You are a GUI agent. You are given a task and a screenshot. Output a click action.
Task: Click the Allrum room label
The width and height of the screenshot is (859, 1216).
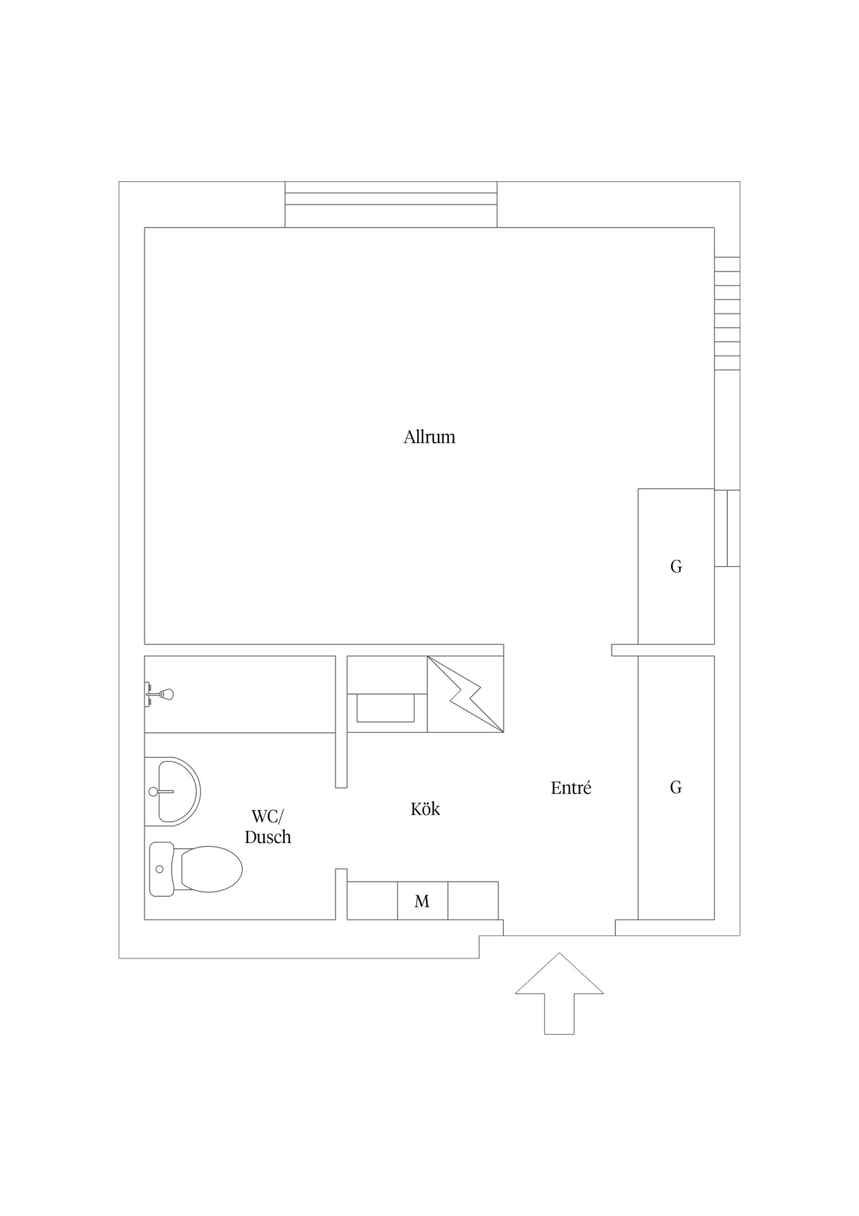(429, 437)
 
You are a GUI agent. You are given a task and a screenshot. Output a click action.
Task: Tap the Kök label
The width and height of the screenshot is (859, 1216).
(425, 809)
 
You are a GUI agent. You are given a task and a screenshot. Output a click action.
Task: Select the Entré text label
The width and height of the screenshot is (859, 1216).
(571, 787)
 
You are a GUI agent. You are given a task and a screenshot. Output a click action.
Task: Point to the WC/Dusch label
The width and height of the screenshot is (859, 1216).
(268, 826)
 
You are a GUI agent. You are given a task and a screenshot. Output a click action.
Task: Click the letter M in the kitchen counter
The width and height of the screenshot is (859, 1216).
(422, 901)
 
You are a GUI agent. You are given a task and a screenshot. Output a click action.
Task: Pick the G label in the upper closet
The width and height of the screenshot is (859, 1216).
(676, 566)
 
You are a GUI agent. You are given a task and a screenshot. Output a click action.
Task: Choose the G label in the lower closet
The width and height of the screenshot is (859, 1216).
(676, 787)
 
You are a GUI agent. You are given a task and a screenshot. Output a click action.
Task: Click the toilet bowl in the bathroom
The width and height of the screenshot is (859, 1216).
(211, 869)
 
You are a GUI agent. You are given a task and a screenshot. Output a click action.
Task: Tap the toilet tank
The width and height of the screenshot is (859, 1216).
(161, 869)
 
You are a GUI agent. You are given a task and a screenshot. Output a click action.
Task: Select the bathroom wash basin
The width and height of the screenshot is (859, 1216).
(172, 792)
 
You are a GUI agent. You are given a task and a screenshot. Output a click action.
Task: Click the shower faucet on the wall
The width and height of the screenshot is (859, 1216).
(159, 694)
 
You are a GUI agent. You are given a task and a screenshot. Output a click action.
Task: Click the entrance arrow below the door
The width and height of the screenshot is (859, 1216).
(559, 993)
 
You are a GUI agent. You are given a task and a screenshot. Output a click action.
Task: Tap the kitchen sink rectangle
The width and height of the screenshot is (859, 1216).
(386, 707)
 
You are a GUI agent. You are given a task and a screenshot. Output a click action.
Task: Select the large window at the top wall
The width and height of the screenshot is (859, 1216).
(391, 204)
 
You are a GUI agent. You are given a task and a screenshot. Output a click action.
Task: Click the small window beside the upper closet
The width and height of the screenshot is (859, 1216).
(727, 528)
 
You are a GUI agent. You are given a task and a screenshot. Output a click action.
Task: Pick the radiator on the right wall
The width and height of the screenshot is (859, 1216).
(727, 313)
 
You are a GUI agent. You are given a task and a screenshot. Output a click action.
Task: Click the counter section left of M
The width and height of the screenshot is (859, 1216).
(372, 901)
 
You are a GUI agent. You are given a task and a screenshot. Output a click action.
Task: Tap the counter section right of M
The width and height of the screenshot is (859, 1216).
(473, 901)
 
